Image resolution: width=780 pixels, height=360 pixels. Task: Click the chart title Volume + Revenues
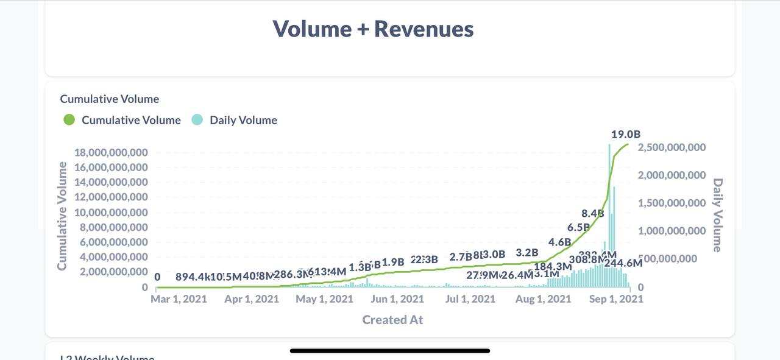coord(373,29)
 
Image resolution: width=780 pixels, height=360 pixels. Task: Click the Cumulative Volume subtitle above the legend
coord(110,99)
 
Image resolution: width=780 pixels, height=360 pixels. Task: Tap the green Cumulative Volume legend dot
coord(69,120)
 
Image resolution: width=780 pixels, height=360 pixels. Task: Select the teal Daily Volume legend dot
coord(197,120)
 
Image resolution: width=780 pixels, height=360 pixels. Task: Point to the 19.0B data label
coord(626,134)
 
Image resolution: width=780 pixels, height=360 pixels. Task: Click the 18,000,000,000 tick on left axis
coord(111,152)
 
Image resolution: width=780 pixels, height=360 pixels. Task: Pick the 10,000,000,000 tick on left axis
coord(111,212)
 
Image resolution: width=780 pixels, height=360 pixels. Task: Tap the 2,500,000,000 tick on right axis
coord(672,147)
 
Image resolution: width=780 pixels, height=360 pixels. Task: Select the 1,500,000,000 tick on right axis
coord(672,203)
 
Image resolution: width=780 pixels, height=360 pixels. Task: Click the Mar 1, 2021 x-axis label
coord(179,299)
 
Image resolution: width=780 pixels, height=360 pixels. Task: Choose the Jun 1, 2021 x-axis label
coord(397,299)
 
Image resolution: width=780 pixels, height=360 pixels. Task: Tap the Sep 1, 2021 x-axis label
coord(615,299)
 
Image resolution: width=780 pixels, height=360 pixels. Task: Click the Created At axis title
coord(392,320)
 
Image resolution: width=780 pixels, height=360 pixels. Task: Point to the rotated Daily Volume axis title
coord(717,215)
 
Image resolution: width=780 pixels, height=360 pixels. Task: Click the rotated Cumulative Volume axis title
coord(62,216)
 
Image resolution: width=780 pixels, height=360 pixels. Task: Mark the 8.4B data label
coord(592,213)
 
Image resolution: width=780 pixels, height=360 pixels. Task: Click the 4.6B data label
coord(559,242)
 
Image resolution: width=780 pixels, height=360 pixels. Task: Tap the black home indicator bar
coord(390,351)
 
